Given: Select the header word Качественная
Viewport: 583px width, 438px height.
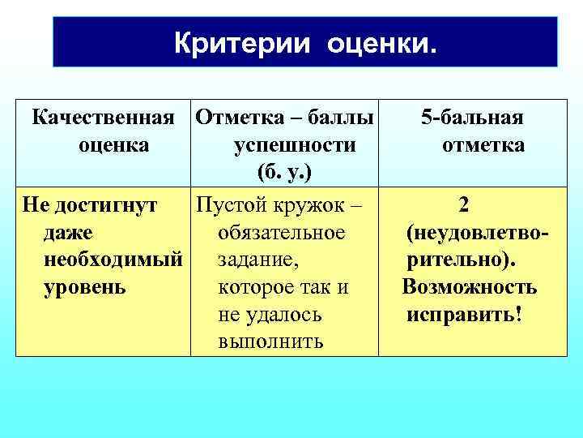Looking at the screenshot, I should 103,118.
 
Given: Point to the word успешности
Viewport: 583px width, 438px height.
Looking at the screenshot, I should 294,146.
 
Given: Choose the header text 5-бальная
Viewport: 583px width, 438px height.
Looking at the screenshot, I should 472,118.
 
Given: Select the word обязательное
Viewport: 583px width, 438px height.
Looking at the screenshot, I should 282,234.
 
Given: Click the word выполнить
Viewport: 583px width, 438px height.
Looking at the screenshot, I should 270,342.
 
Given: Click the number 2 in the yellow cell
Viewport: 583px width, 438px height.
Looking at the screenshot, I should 462,205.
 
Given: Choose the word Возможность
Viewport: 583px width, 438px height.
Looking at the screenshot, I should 469,288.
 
